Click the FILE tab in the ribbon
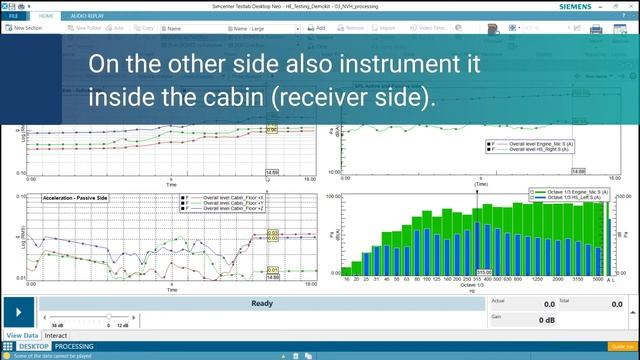click(14, 16)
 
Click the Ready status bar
click(262, 304)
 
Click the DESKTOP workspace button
click(33, 346)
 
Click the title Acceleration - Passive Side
click(75, 198)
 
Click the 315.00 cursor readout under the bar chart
click(483, 271)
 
